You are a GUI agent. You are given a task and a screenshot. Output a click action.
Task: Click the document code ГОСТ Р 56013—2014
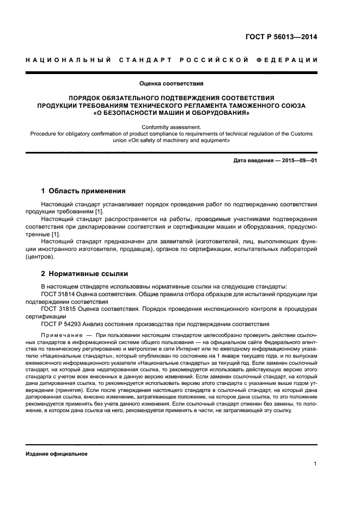tap(283, 38)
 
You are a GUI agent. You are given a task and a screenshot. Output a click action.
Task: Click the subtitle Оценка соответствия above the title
tap(171, 84)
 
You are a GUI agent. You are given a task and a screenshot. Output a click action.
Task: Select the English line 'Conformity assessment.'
tap(171, 126)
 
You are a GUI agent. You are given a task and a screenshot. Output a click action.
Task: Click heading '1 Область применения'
tap(83, 191)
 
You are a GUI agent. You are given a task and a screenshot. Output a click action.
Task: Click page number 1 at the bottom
tap(315, 464)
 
